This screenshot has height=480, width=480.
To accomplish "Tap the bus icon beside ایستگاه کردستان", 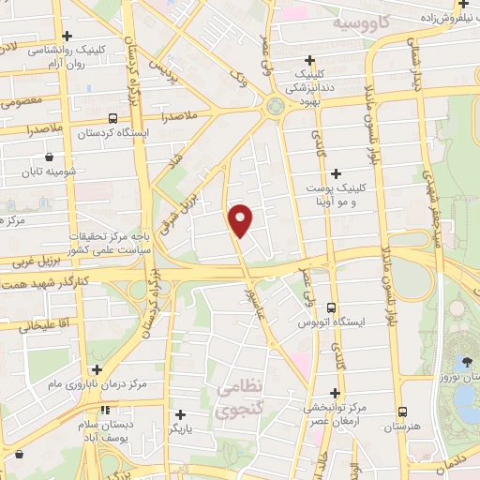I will pyautogui.click(x=113, y=119).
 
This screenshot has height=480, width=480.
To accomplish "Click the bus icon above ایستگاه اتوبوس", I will pyautogui.click(x=330, y=307).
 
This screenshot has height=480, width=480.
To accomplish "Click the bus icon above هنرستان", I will pyautogui.click(x=402, y=412).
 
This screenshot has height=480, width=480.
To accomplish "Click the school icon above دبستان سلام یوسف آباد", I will pyautogui.click(x=106, y=410).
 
